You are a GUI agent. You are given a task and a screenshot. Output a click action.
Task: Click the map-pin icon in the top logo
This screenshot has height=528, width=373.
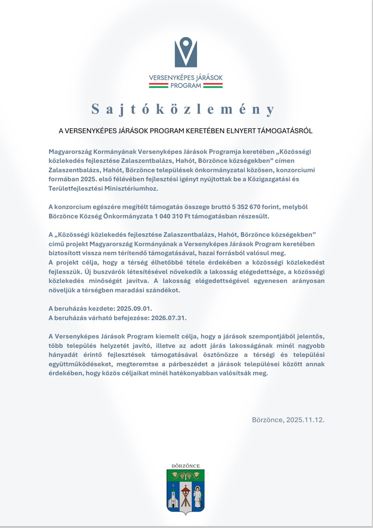coord(186,52)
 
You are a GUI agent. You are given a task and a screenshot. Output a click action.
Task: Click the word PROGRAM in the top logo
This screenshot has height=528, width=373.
coord(186,85)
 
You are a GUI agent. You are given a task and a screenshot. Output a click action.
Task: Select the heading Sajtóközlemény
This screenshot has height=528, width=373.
coord(183,109)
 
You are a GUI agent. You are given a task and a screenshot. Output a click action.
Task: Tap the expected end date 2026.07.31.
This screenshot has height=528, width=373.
coord(167,317)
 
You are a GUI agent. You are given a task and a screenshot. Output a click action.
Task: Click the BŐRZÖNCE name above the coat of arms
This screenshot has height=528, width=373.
coord(186,466)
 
